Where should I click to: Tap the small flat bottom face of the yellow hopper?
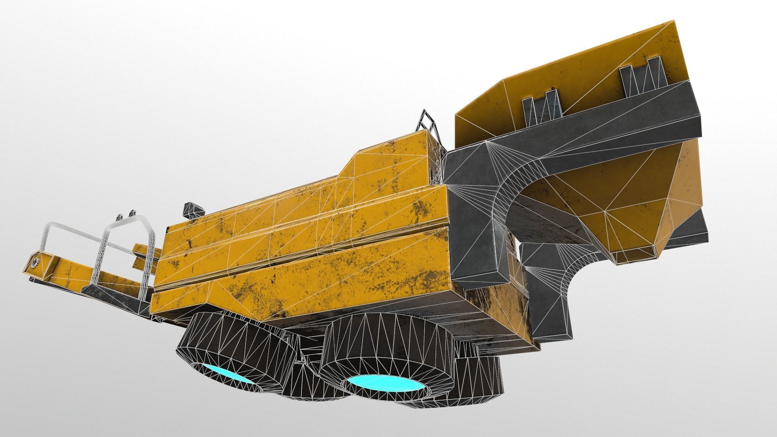635,255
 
